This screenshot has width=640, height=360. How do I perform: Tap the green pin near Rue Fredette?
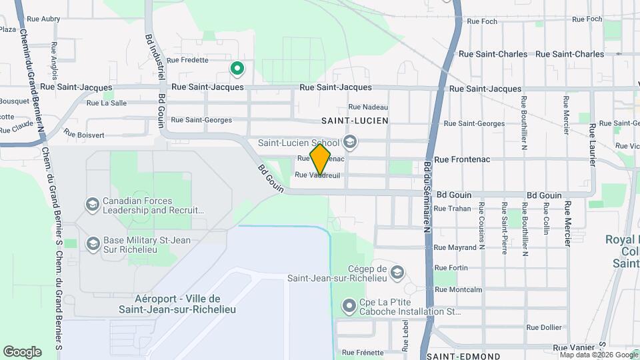[236, 68]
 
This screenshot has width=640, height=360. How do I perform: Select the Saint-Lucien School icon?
[350, 142]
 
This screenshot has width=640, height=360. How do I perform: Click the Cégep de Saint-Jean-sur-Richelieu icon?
[397, 273]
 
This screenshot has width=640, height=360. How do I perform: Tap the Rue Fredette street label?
[187, 59]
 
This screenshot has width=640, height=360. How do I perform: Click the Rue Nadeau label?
[368, 107]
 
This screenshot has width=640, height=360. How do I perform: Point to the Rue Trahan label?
[452, 209]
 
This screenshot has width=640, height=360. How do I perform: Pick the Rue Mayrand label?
[457, 247]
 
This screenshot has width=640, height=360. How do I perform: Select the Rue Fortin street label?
[451, 268]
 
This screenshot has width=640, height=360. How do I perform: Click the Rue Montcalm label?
[458, 289]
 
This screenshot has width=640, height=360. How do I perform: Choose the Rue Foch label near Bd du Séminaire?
[483, 21]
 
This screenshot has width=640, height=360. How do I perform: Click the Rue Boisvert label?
[84, 134]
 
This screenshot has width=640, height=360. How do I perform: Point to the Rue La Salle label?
[105, 103]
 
